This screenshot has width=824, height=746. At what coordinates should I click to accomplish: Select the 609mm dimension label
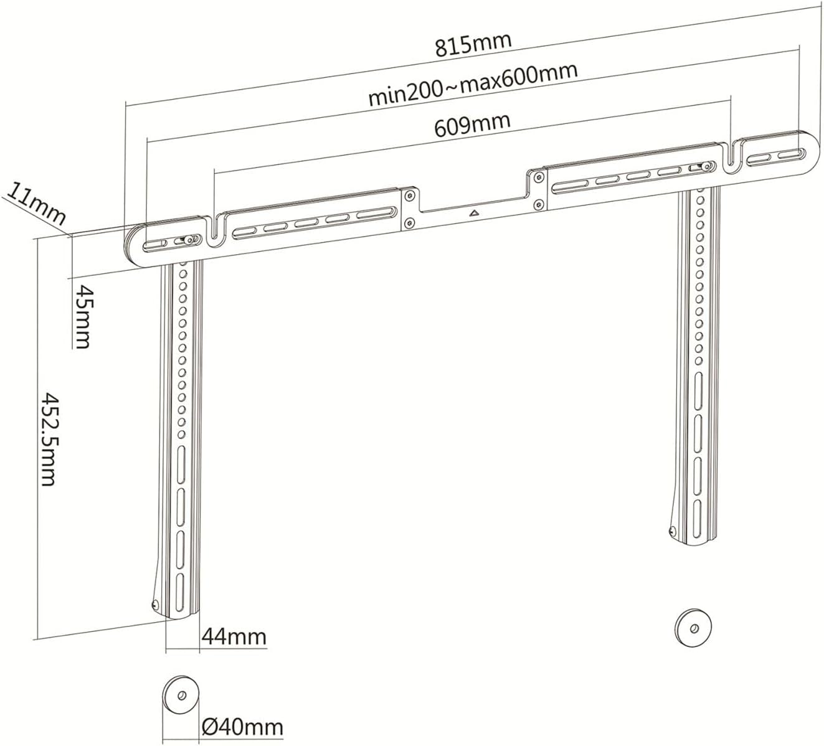[472, 124]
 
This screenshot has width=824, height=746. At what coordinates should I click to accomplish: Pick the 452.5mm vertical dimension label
[49, 439]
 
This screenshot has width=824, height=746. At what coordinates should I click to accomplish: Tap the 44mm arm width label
[234, 637]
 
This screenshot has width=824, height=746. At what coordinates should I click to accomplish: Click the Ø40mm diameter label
[242, 727]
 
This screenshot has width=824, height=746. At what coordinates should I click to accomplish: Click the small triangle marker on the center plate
[474, 213]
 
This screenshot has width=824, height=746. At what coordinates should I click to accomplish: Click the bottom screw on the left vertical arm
[155, 604]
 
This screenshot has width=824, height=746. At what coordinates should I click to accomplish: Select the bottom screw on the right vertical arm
[672, 531]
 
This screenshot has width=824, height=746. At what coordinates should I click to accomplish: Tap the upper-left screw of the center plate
[408, 196]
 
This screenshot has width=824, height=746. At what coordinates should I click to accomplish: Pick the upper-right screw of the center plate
[537, 177]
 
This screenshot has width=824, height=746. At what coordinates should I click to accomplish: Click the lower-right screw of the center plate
[537, 204]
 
